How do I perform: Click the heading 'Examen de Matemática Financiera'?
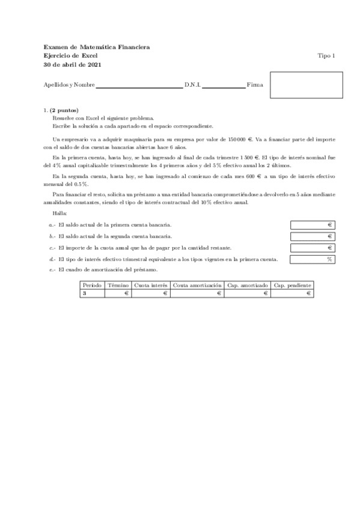(x=97, y=47)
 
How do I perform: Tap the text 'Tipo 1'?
(x=326, y=55)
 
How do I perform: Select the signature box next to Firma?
(x=306, y=85)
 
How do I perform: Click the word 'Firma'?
(x=255, y=85)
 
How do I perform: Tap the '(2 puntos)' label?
(x=64, y=111)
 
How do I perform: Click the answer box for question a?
(x=312, y=225)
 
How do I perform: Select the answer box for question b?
(x=312, y=236)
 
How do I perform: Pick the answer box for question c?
(x=312, y=248)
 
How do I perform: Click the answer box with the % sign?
(x=312, y=259)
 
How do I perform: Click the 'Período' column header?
(x=93, y=285)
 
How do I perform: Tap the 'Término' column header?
(x=118, y=285)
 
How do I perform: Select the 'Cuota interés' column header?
(x=151, y=285)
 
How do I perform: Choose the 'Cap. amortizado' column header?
(x=248, y=285)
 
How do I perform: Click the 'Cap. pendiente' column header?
(x=292, y=285)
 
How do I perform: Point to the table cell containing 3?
(x=93, y=293)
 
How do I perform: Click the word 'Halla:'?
(x=60, y=214)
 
